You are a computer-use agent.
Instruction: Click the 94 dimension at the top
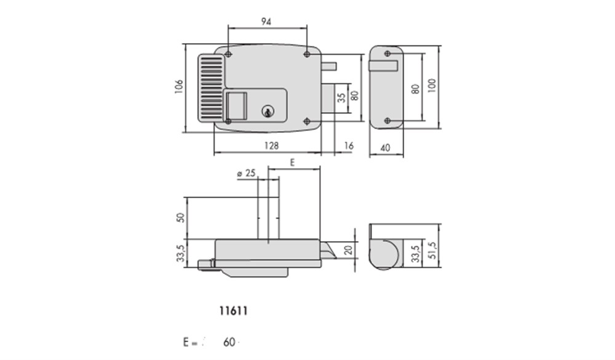[x=266, y=22]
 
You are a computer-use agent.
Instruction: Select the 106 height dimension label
[x=179, y=87]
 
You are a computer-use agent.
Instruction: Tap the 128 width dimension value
[x=271, y=146]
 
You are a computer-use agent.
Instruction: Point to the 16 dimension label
[x=348, y=146]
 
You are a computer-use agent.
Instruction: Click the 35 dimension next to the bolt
[x=341, y=98]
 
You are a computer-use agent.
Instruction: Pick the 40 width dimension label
[x=385, y=148]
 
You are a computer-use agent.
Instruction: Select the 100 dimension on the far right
[x=432, y=86]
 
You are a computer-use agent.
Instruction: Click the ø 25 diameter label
[x=247, y=173]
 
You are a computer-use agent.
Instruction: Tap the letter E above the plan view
[x=292, y=162]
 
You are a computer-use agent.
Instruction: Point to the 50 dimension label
[x=180, y=217]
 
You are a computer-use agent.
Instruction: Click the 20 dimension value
[x=348, y=250]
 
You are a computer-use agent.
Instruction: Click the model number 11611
[x=233, y=311]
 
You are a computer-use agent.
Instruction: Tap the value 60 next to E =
[x=229, y=342]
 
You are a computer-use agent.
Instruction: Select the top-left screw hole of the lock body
[x=228, y=54]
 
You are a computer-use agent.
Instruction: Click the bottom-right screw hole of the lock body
[x=307, y=121]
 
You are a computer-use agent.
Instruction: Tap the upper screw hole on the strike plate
[x=387, y=54]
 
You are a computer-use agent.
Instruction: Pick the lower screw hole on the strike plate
[x=387, y=121]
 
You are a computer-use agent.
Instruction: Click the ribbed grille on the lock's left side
[x=212, y=88]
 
